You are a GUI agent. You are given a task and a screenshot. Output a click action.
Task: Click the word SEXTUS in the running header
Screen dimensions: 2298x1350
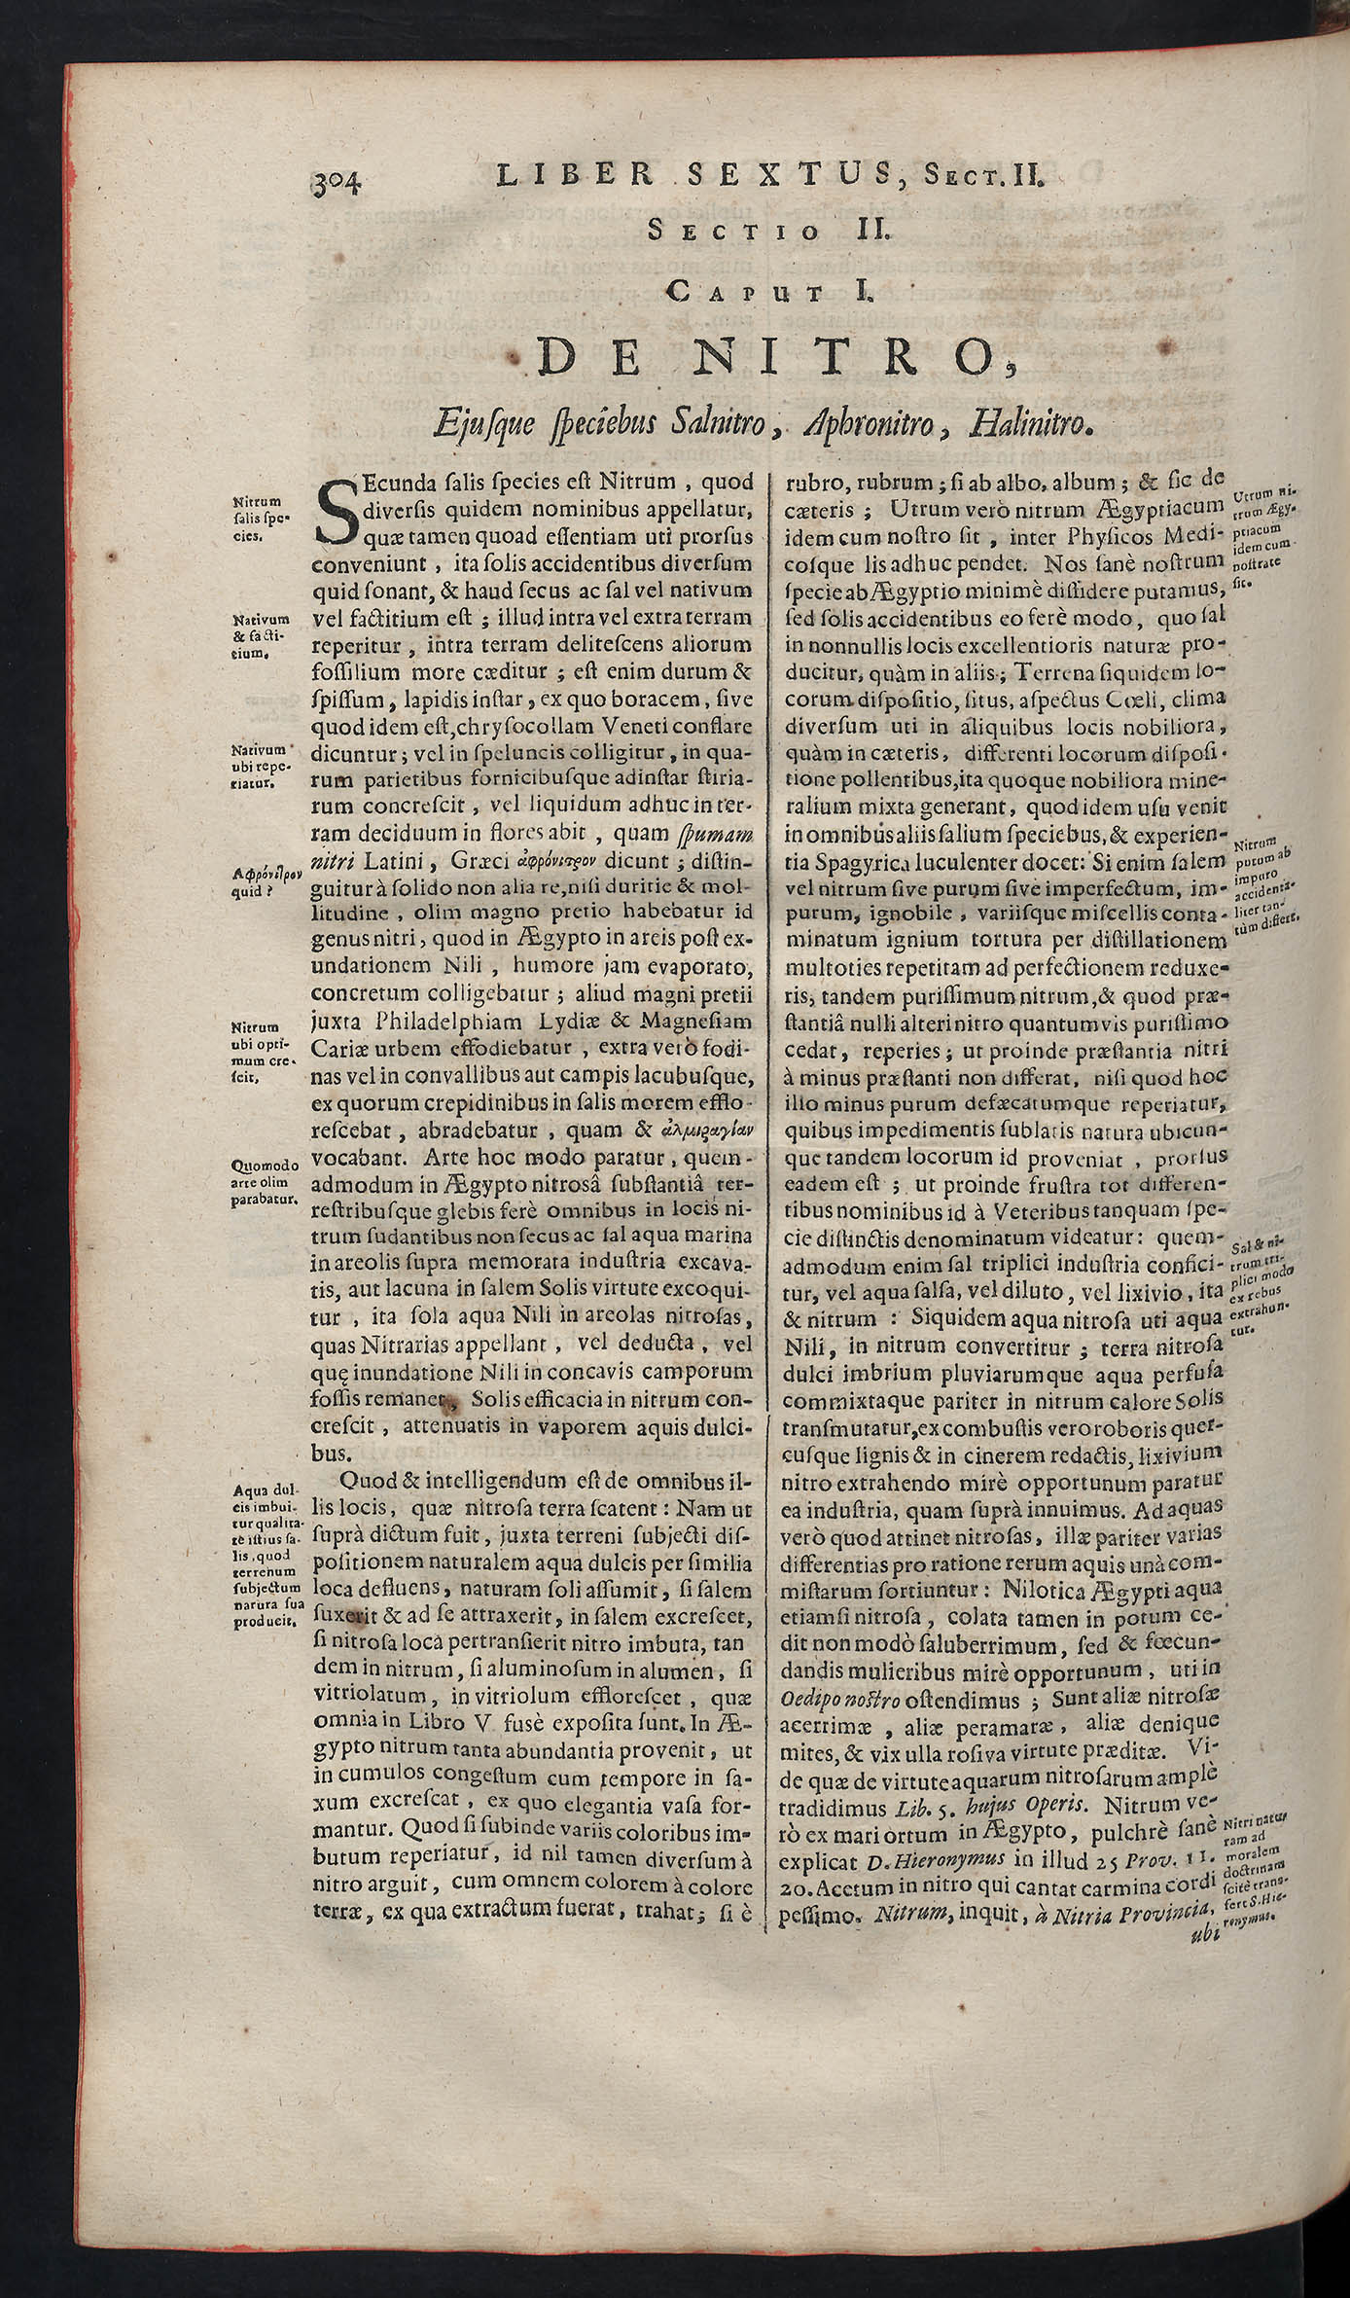point(763,174)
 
